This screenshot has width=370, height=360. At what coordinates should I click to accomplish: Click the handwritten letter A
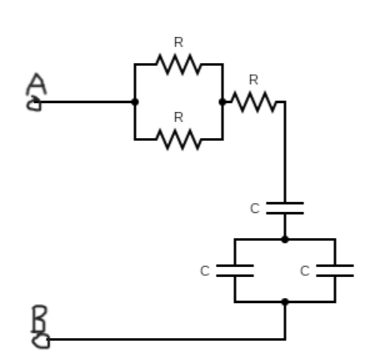point(37,83)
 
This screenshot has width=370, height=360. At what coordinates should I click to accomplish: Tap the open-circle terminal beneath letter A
point(34,104)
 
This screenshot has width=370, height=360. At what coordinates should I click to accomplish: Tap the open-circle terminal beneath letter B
point(41,340)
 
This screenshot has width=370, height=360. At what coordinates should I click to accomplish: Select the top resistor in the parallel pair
point(178,64)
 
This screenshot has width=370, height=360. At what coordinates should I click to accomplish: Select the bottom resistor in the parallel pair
point(178,139)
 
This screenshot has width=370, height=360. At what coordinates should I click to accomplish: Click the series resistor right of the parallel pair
point(253,102)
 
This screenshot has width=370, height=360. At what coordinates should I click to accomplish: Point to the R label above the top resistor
point(178,43)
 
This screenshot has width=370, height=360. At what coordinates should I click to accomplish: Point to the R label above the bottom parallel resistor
point(178,117)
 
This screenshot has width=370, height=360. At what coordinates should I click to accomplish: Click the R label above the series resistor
point(253,80)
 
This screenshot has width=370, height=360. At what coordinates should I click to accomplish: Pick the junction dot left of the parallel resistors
point(134,102)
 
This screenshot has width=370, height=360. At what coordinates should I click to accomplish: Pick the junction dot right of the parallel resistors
point(222,102)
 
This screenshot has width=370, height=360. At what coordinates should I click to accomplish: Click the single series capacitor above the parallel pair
point(284,208)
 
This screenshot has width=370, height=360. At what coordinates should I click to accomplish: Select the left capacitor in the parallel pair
point(234,271)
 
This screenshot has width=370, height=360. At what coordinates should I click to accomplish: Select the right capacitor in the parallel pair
point(334,271)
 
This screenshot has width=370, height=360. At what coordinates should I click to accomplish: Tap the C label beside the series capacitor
point(254,209)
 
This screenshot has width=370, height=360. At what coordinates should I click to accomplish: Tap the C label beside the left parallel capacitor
point(205,271)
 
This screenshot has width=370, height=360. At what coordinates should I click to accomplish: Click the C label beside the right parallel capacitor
point(304,271)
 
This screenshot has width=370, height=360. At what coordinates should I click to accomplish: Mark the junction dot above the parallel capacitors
point(284,239)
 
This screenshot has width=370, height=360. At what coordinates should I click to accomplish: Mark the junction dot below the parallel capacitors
point(284,302)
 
